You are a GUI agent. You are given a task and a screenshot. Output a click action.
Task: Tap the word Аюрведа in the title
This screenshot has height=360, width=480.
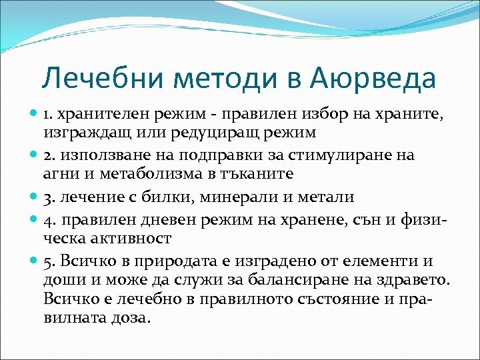[x=373, y=79]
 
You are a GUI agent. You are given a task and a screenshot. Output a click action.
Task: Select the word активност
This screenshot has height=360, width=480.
[x=132, y=237]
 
